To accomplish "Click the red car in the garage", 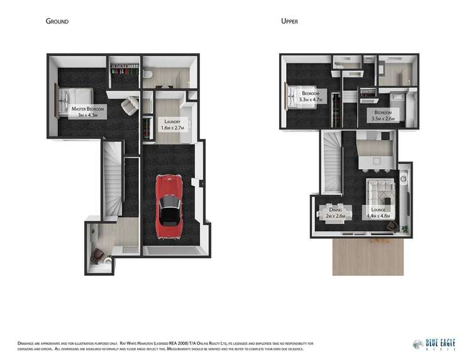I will pos(170,200).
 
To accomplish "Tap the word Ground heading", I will pos(57,21).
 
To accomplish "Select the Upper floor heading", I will pos(289,21).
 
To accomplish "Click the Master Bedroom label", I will pos(87,109).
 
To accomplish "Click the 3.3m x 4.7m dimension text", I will pos(311,99).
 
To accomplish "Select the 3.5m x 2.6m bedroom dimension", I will pos(383,117).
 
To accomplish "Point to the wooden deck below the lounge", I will pos(367,258).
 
